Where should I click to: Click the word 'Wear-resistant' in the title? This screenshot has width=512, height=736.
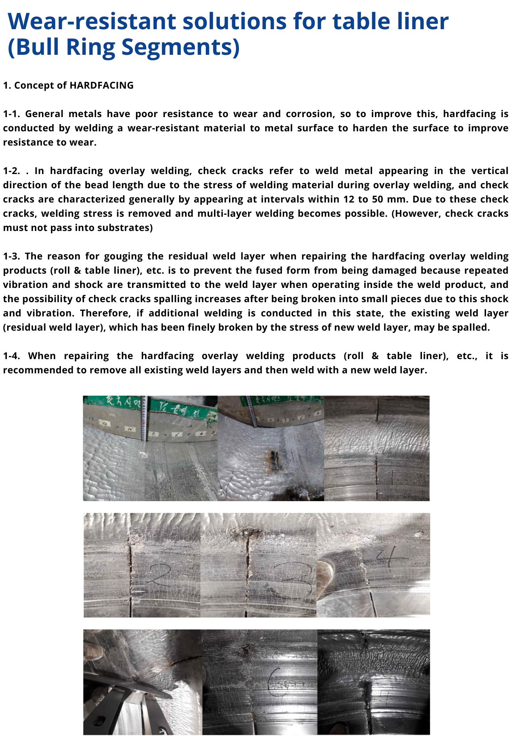pyautogui.click(x=92, y=21)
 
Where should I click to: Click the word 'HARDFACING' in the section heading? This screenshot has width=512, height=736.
pyautogui.click(x=101, y=85)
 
